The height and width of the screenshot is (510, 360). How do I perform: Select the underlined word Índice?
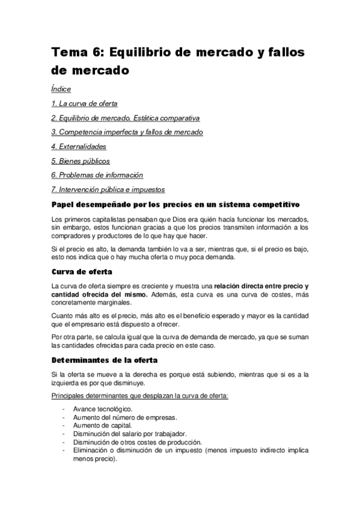coord(61,89)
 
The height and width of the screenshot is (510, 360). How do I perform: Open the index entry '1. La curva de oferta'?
coord(84,103)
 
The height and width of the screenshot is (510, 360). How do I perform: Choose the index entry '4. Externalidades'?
coord(79,146)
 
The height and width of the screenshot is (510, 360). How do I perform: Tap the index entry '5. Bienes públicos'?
coord(81,161)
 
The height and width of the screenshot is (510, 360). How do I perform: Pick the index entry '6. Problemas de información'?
coord(97,175)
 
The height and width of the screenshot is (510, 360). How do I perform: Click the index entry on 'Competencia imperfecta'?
coord(127,132)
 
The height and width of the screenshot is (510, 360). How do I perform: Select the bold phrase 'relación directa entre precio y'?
coord(261,286)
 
